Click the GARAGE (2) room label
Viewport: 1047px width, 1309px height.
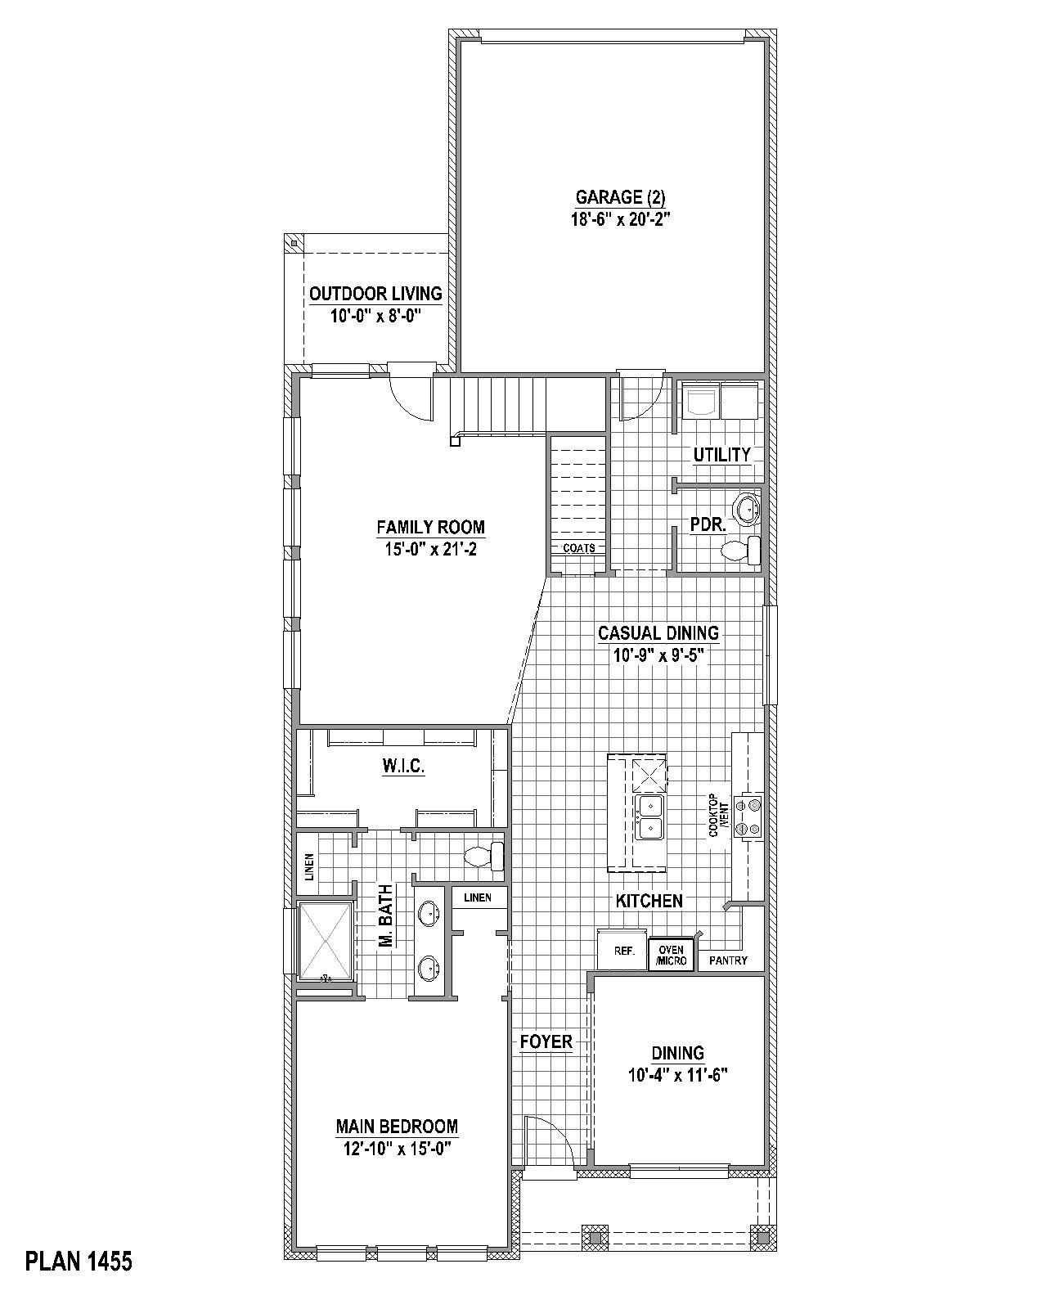620,197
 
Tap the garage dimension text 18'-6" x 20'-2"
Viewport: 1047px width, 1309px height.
620,218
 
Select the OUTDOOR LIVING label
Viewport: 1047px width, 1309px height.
375,294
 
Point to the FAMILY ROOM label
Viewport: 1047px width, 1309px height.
430,528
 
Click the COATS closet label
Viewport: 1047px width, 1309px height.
579,548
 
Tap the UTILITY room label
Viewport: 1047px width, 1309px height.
721,455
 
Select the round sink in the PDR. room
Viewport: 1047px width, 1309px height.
748,509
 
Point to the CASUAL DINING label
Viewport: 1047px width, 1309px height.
658,632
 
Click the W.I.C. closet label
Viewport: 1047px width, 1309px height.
403,767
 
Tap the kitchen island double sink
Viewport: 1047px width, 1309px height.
649,816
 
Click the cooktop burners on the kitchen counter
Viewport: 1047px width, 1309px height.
748,816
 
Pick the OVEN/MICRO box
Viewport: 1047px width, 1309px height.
671,955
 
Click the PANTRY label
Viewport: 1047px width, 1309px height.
728,960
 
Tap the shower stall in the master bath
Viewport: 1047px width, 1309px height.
326,941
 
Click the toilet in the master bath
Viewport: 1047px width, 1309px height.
484,857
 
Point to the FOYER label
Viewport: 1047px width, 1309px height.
546,1042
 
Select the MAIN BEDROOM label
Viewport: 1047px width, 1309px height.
397,1127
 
